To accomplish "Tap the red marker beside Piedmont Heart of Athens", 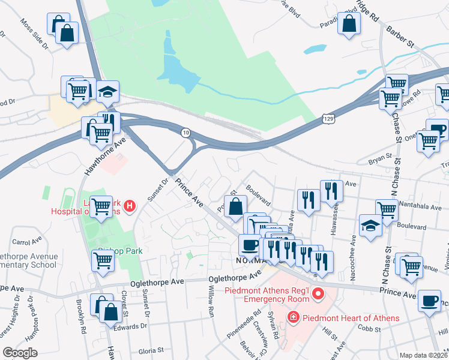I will (x=294, y=317).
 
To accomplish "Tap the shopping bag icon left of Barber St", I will (x=349, y=25).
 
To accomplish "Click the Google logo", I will (x=20, y=352).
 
